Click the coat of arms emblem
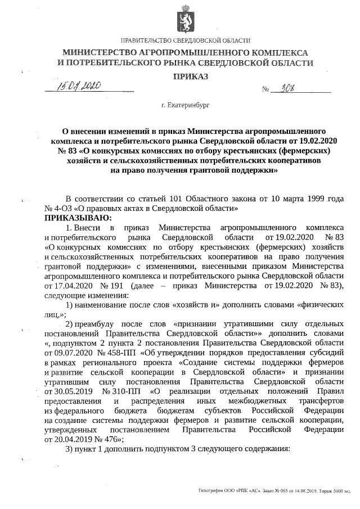[183, 17]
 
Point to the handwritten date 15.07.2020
[78, 87]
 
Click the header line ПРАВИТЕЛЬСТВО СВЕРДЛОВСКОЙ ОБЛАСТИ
[186, 41]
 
